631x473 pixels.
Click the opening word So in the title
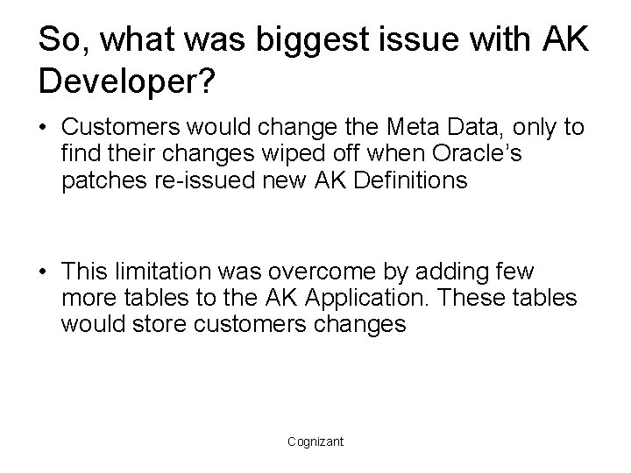click(x=60, y=41)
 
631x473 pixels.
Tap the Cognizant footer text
click(x=315, y=441)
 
